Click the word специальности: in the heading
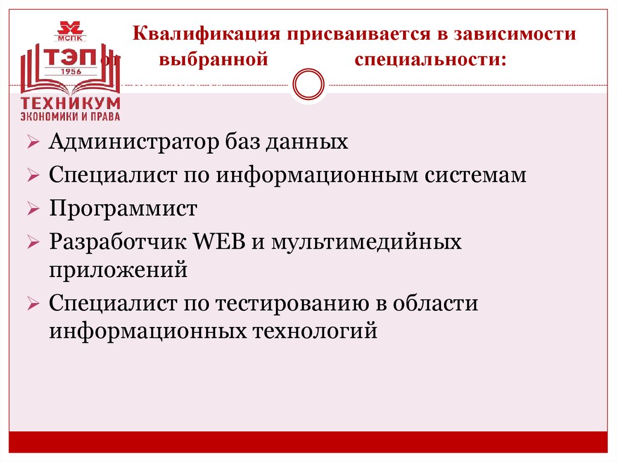[x=430, y=60]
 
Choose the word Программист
[x=123, y=210]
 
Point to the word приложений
[x=119, y=270]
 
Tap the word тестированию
[x=287, y=304]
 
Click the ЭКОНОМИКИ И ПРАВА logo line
[x=70, y=116]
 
